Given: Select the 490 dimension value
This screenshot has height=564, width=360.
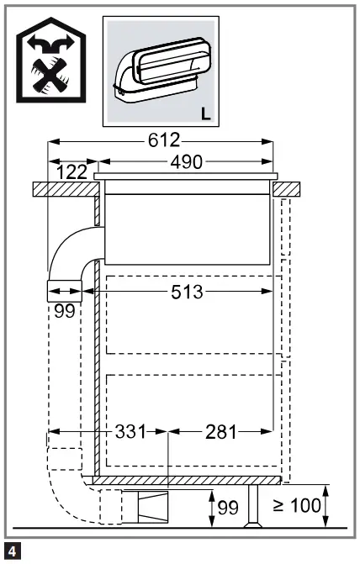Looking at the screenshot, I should click(x=185, y=162).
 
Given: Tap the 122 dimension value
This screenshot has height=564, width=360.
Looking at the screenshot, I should click(x=73, y=172).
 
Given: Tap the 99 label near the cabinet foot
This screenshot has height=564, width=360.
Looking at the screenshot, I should click(x=228, y=508).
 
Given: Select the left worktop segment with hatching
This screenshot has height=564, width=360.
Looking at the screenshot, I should click(x=64, y=188).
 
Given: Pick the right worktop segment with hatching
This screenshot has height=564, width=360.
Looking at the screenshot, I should click(x=289, y=188).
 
